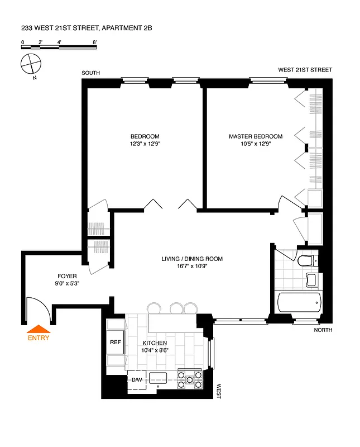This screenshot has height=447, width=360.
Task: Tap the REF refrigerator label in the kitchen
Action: click(115, 343)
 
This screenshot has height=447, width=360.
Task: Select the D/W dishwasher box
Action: click(137, 381)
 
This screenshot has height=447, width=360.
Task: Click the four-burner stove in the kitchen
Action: click(189, 380)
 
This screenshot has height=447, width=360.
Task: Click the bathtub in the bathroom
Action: click(300, 302)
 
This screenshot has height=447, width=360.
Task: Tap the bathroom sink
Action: click(312, 279)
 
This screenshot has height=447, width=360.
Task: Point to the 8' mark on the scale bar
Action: click(95, 42)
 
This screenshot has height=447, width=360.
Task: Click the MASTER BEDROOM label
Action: click(255, 136)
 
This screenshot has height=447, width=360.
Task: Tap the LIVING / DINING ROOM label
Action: click(192, 259)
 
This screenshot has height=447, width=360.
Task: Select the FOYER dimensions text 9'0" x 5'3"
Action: click(67, 284)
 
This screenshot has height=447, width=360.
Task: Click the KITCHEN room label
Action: click(155, 343)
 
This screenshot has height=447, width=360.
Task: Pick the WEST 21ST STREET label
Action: click(305, 70)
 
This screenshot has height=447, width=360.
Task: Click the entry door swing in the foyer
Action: click(38, 308)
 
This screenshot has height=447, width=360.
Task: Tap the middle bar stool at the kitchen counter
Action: click(176, 307)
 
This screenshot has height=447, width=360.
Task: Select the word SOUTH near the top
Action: click(90, 73)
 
